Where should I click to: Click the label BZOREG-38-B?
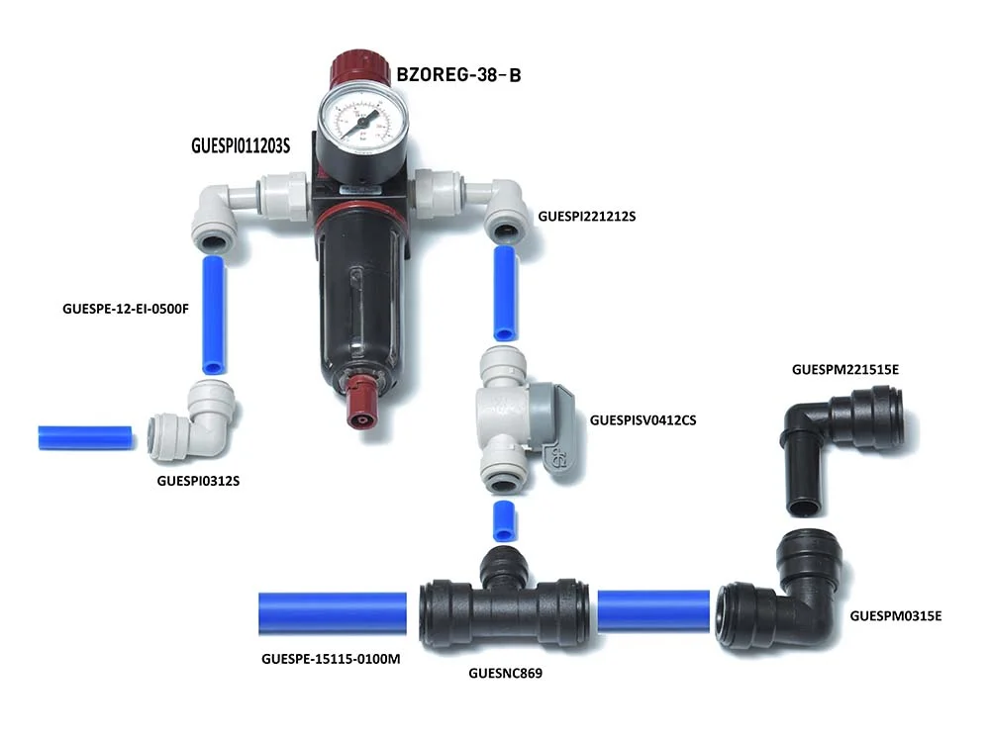(x=458, y=75)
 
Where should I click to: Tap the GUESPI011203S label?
(x=241, y=145)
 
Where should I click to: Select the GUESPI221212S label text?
(x=586, y=217)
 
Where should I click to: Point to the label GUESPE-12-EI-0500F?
(x=126, y=309)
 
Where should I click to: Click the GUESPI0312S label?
(x=198, y=481)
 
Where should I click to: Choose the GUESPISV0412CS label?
(x=643, y=420)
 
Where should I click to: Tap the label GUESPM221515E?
(x=845, y=370)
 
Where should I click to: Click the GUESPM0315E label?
(x=895, y=615)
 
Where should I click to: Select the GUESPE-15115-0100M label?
(x=331, y=659)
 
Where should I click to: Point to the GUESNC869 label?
(x=505, y=673)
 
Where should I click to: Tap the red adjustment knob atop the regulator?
(x=359, y=70)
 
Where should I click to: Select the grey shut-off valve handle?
(x=551, y=429)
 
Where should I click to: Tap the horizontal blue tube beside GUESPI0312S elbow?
(x=85, y=438)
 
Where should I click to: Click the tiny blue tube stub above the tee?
(x=504, y=521)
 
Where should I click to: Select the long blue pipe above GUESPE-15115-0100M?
(x=332, y=613)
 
